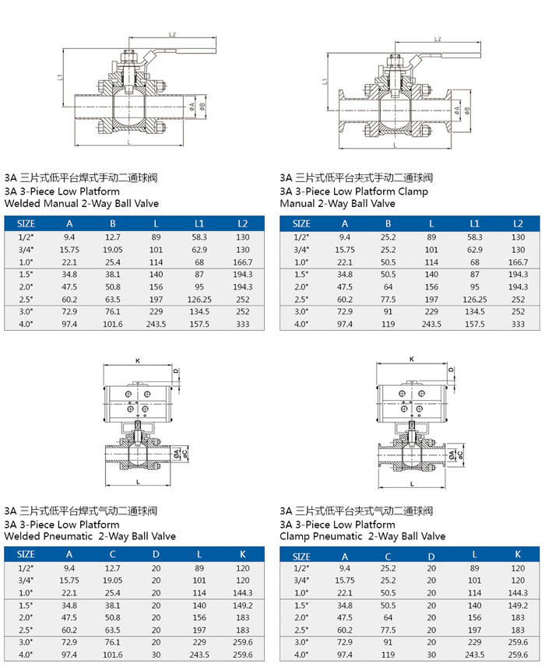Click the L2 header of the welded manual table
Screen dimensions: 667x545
(x=243, y=223)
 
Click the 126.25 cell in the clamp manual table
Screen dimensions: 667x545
(x=475, y=299)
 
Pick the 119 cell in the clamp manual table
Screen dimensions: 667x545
(x=388, y=324)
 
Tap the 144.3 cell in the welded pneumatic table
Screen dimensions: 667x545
(x=243, y=593)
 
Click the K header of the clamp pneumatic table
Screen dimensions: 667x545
(x=518, y=556)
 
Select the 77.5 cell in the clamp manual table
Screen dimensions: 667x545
(x=388, y=299)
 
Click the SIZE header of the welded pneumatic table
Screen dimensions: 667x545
(x=26, y=554)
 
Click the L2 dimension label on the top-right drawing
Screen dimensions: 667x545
(x=438, y=39)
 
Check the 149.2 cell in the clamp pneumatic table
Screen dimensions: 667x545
(x=518, y=606)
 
